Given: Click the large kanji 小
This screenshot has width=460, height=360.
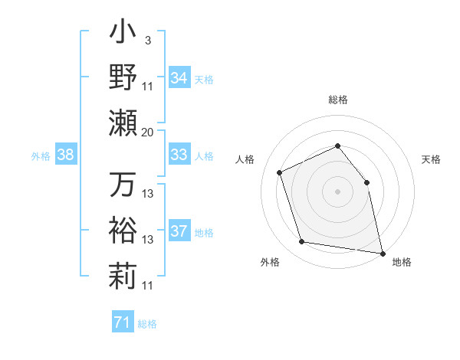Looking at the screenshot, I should [x=123, y=35].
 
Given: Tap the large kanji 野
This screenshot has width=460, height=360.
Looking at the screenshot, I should [x=123, y=77].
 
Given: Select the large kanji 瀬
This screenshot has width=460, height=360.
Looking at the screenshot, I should [x=123, y=123].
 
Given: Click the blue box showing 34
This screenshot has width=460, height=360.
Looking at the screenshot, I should [x=179, y=78].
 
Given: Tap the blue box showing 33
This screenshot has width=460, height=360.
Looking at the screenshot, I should [x=179, y=155].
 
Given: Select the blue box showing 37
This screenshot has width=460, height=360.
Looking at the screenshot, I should [x=179, y=231].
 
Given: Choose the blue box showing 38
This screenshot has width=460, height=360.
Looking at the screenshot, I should [x=66, y=155].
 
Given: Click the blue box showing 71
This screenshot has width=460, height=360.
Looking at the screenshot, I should [x=122, y=322].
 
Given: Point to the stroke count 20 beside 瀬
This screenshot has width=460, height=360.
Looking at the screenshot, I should [x=148, y=132].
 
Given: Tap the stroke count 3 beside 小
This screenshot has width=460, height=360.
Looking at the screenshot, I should [x=147, y=41].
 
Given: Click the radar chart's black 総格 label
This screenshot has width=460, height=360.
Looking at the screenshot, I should [x=337, y=100].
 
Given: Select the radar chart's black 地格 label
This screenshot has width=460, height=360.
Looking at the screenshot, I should [x=402, y=262].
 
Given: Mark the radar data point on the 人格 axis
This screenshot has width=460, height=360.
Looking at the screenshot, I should [x=280, y=172].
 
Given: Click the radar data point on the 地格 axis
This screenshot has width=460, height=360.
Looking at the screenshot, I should [x=381, y=252].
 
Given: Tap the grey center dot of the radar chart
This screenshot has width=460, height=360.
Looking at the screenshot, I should [x=337, y=191].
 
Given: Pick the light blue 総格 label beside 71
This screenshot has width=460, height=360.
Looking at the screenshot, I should [x=147, y=324].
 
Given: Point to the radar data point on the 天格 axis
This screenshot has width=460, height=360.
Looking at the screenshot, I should [x=366, y=182].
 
